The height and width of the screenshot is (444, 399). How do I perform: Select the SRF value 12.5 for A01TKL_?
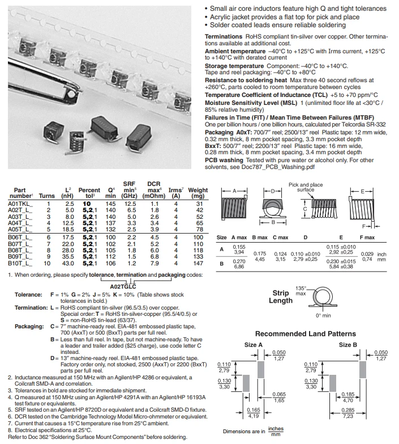coord(130,204)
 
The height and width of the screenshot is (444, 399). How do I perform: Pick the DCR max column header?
coord(154,190)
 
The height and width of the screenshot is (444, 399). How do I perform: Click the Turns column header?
coord(46,196)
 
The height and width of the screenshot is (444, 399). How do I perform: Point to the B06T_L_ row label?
coord(20,237)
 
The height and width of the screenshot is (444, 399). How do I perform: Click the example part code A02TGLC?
coord(123,286)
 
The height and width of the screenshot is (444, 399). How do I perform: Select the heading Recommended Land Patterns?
coord(306,334)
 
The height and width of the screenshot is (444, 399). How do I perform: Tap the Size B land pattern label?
coord(348,345)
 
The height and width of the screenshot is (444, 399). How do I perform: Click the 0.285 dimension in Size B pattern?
coord(347,410)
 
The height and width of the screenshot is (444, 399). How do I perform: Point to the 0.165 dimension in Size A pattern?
coord(254,410)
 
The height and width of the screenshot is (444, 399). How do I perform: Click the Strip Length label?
coord(281,297)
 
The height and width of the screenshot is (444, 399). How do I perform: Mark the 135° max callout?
coord(301,291)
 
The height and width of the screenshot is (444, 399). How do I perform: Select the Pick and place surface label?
coord(306,187)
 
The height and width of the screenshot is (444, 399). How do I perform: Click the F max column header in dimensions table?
coord(367,238)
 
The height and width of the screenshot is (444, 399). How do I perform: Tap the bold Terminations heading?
coord(224,36)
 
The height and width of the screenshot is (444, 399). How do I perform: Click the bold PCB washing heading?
coord(224,160)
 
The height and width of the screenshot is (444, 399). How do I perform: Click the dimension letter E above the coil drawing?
coord(363,192)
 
